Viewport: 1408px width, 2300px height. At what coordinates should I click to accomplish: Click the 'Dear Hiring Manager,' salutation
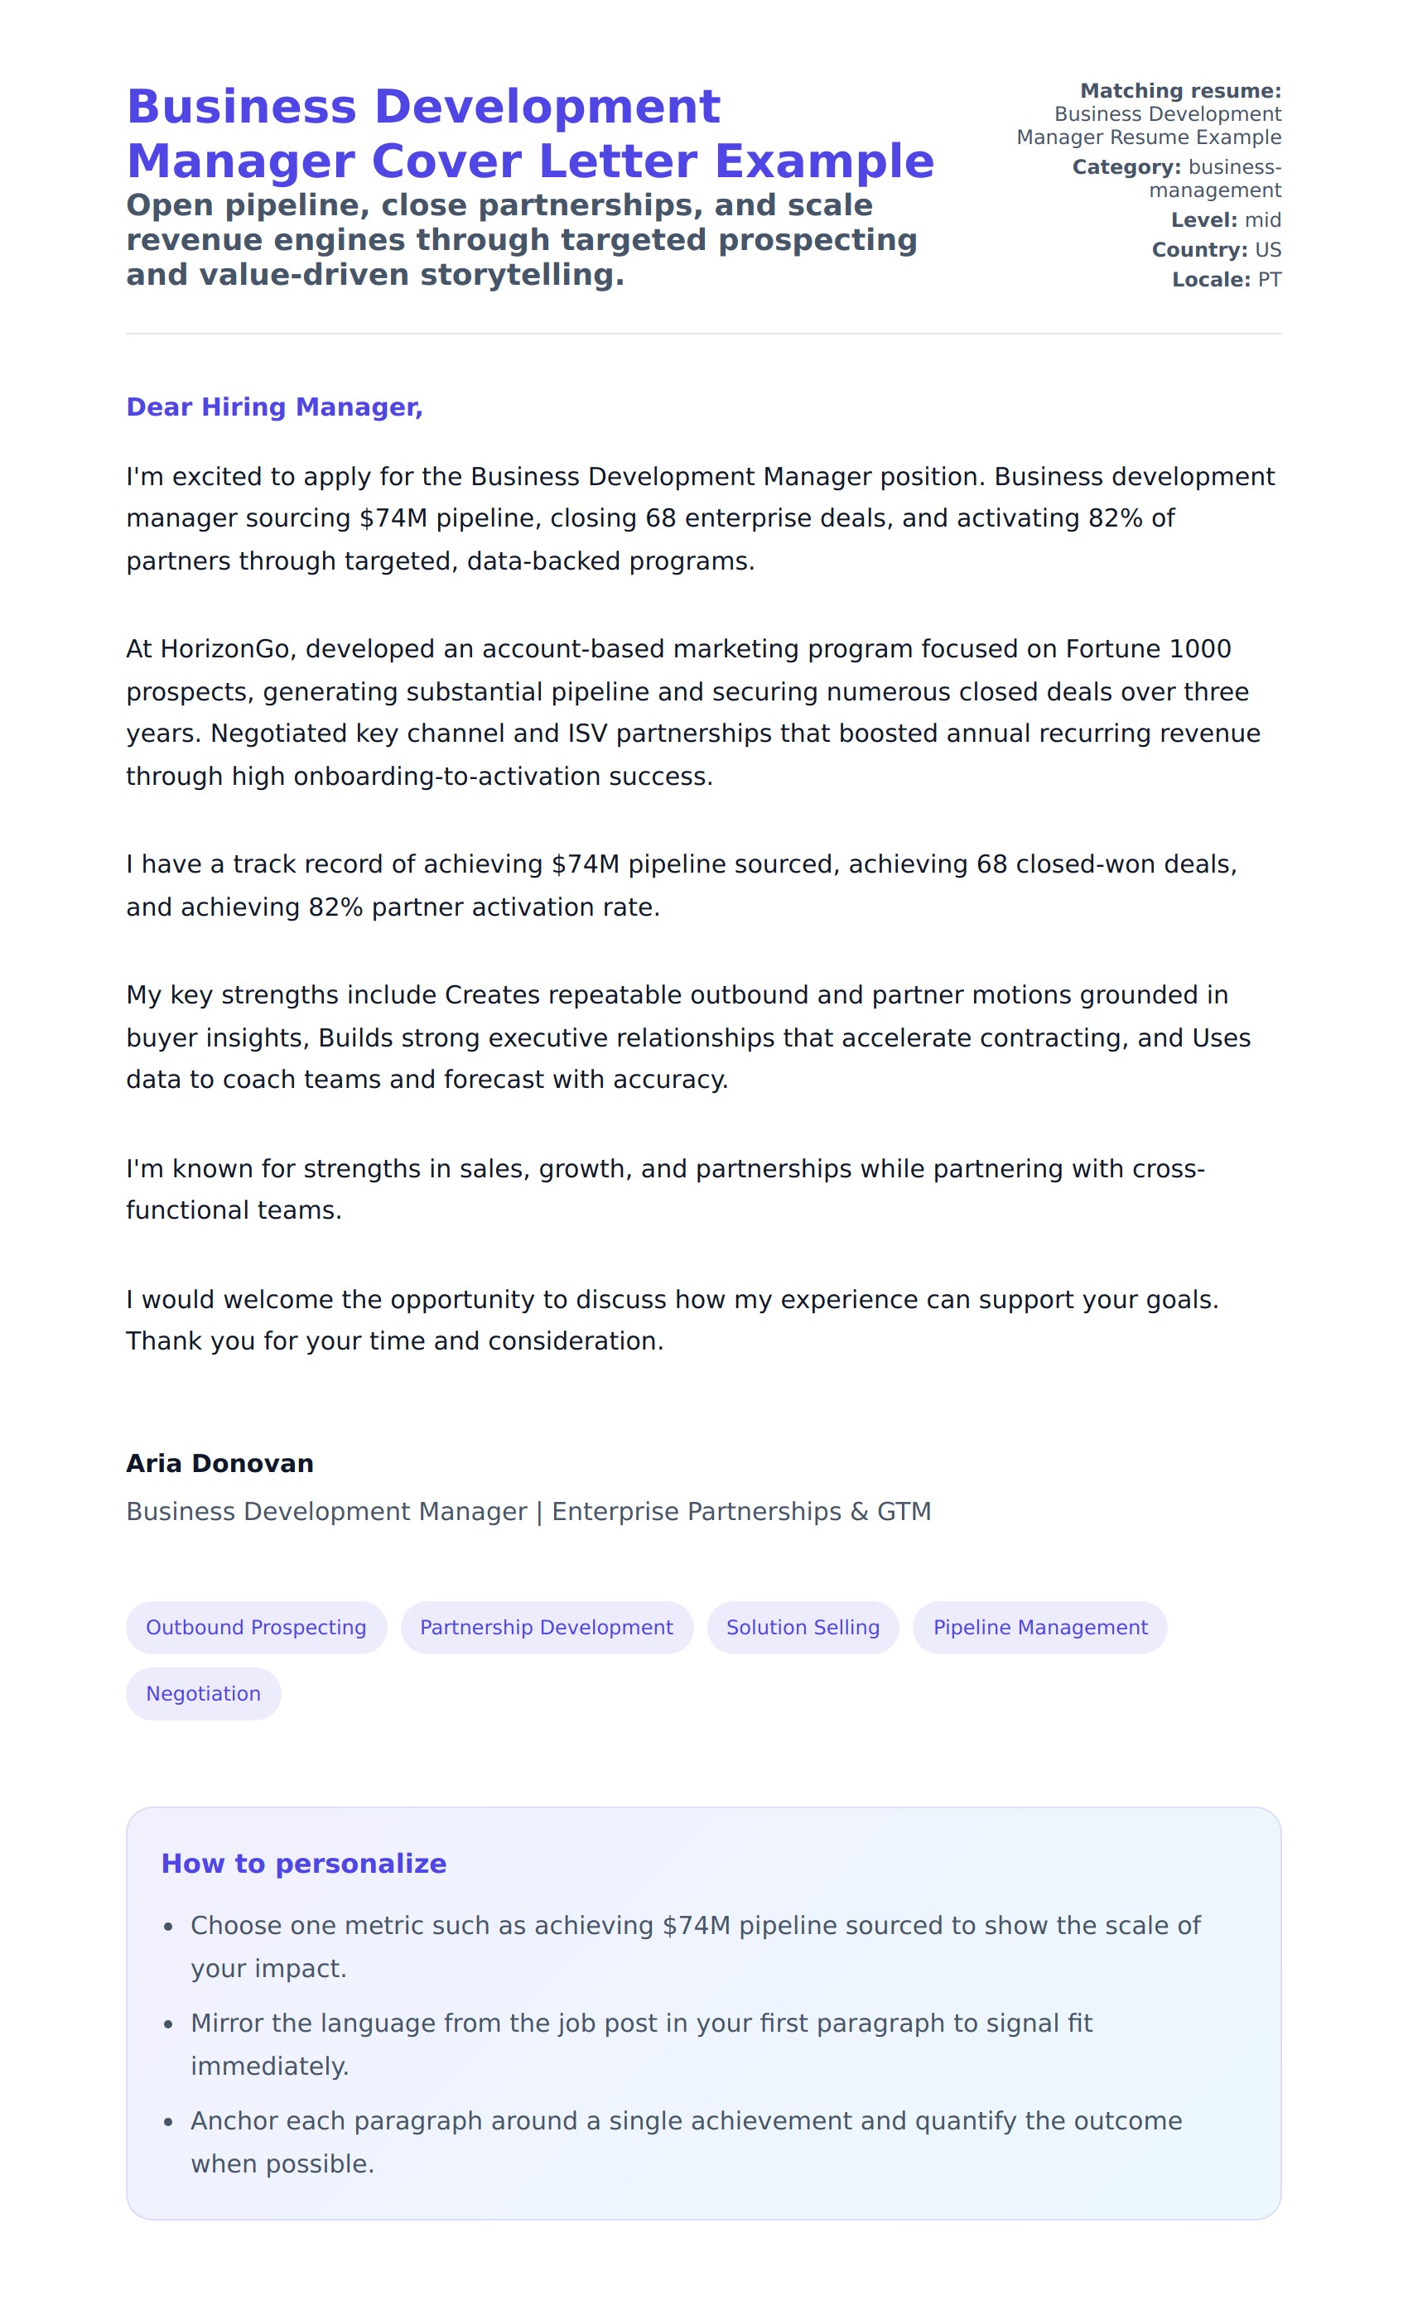click(274, 407)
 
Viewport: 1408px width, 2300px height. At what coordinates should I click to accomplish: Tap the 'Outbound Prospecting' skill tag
click(256, 1627)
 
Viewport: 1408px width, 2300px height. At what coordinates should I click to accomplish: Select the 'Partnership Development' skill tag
click(546, 1627)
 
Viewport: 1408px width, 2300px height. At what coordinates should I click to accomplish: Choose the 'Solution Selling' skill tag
click(803, 1627)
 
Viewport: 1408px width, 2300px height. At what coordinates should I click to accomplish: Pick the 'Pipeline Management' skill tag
click(1040, 1627)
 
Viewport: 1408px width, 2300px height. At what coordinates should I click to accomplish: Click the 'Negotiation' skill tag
click(204, 1693)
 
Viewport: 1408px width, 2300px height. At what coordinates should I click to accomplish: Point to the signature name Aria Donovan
click(219, 1463)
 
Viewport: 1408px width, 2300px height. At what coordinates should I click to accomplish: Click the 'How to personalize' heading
click(303, 1863)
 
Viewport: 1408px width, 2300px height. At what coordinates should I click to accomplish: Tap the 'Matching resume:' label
click(1180, 90)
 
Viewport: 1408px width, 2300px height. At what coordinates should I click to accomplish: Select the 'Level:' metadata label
click(1204, 220)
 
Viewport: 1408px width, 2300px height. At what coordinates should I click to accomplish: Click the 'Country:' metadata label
click(1198, 250)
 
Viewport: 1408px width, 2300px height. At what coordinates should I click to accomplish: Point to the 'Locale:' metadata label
click(1211, 280)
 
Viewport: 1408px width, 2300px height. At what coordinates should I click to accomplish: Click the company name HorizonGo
click(224, 649)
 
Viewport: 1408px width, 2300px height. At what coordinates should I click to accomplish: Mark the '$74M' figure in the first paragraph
click(393, 518)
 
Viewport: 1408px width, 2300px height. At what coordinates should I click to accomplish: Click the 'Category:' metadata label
click(1126, 167)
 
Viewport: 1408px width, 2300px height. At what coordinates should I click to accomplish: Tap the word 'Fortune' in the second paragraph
click(1113, 649)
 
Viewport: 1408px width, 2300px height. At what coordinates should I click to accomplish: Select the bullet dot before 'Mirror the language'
click(168, 2024)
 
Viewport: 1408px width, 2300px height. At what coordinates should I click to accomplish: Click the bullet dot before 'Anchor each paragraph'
click(168, 2123)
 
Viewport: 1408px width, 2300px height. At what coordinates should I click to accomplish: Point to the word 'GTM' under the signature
click(904, 1511)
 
